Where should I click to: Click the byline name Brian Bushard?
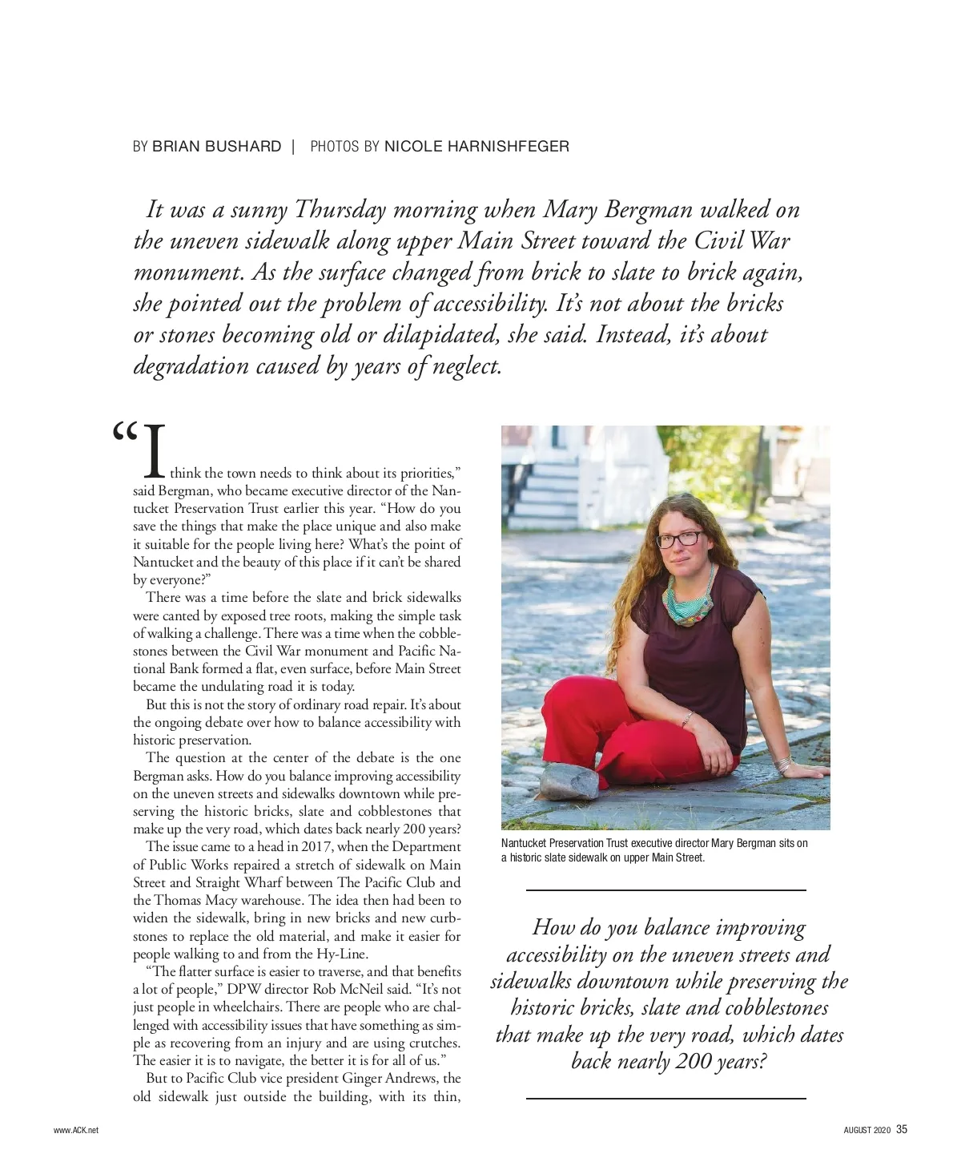coord(216,147)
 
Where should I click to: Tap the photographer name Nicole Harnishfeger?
coord(476,147)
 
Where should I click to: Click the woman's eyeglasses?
coord(679,539)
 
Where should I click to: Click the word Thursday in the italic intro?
coord(341,210)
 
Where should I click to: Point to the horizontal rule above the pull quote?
coord(665,890)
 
